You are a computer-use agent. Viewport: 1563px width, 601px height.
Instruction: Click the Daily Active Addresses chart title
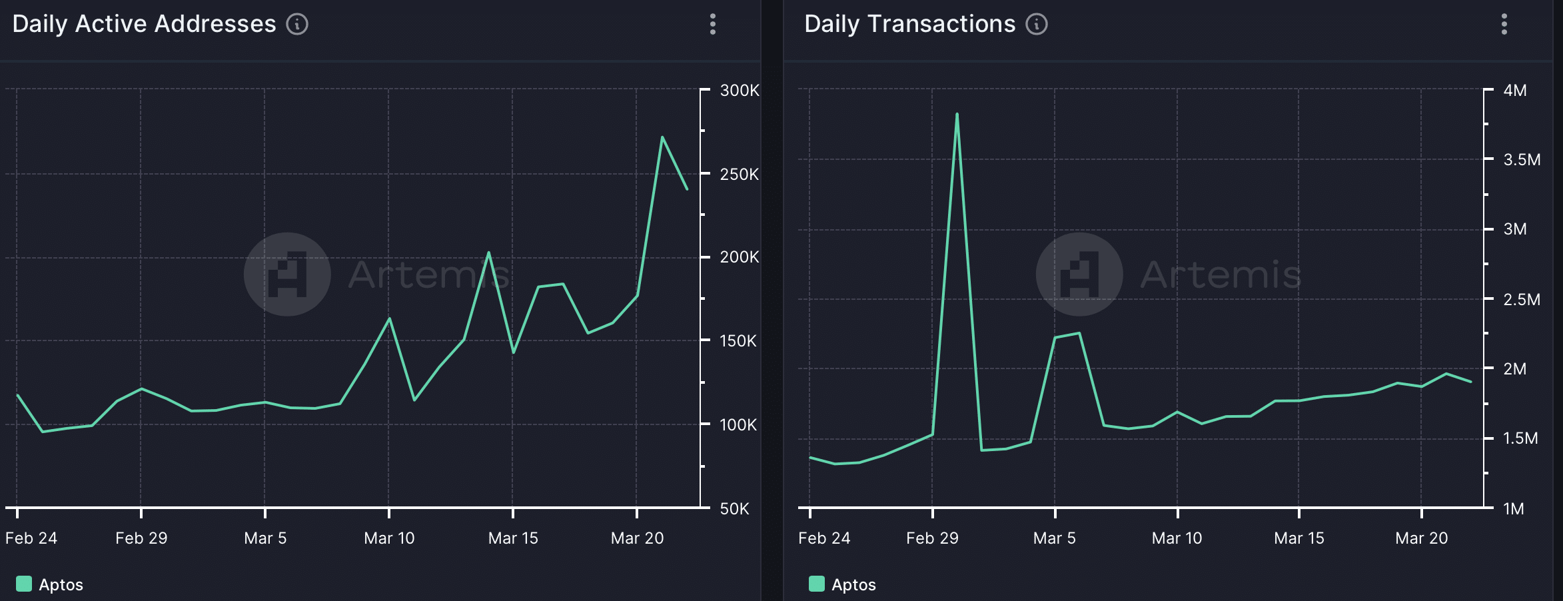point(144,24)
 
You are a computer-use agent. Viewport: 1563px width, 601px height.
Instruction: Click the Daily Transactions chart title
point(909,24)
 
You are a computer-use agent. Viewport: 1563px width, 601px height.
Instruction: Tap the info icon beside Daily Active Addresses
point(297,25)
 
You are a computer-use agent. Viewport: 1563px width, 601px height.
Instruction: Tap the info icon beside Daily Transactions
point(1037,25)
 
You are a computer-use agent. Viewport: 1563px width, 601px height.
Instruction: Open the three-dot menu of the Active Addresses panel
point(713,24)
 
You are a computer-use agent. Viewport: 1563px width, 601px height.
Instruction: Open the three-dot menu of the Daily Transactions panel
point(1504,24)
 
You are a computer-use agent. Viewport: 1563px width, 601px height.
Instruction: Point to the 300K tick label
point(740,90)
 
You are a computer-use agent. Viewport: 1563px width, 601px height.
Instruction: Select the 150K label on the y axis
point(738,340)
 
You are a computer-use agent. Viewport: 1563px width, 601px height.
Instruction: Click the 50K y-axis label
point(735,508)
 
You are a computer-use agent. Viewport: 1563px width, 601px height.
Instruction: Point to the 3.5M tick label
point(1522,159)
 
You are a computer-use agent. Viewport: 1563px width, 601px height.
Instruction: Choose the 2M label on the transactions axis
point(1515,368)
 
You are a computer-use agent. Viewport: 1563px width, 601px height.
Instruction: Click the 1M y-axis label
point(1514,508)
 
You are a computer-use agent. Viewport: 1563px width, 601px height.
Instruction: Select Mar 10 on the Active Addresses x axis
point(389,538)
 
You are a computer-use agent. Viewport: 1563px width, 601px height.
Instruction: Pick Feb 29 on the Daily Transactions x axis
point(932,538)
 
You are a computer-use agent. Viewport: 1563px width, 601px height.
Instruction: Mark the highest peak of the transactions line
point(957,114)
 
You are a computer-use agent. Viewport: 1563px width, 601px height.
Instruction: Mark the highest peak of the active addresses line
point(662,137)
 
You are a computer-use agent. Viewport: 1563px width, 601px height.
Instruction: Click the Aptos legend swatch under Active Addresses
point(23,584)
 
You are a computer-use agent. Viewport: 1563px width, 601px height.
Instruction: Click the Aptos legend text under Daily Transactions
point(853,584)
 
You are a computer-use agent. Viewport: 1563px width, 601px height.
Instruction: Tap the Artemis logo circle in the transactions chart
point(1079,274)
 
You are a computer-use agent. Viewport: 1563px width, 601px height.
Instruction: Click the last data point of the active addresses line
point(687,189)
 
